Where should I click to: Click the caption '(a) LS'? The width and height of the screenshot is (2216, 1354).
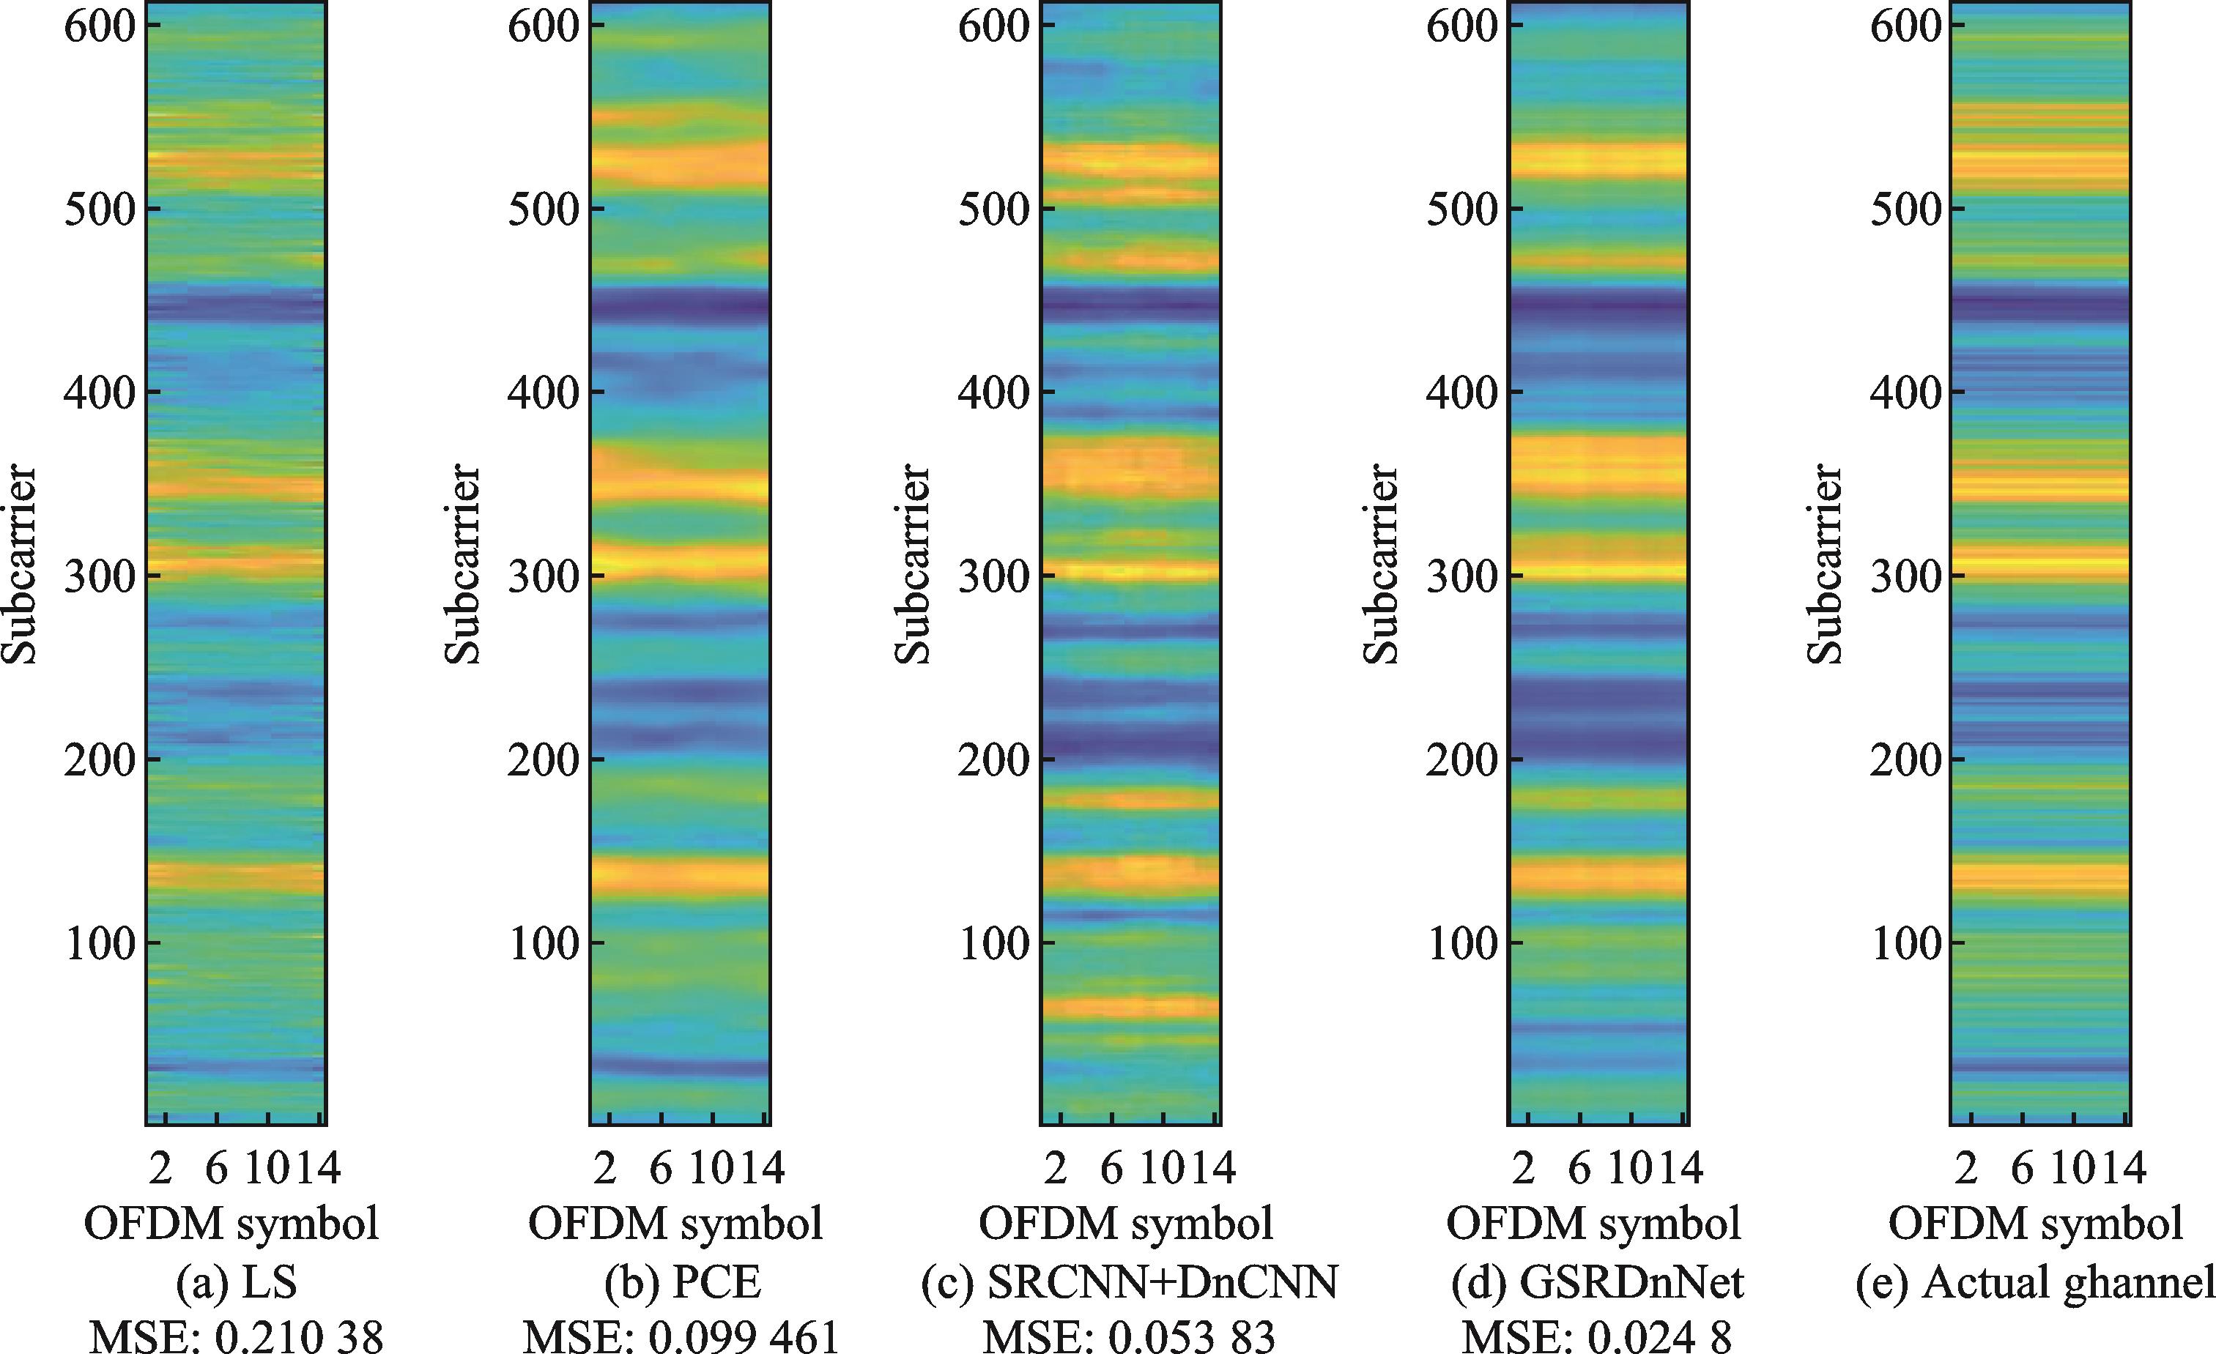point(231,1283)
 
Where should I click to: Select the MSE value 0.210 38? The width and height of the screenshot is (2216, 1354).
point(237,1337)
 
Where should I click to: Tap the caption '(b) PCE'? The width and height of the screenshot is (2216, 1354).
point(683,1283)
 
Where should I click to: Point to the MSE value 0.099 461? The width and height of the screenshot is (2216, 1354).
point(682,1337)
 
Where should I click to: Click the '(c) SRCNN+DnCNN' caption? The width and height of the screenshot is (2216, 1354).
point(1129,1283)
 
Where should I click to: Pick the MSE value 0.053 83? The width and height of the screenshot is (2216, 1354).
point(1129,1337)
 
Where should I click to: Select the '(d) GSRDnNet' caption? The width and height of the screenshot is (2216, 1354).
point(1597,1283)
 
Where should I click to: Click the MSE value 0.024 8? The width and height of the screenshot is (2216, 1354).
point(1597,1337)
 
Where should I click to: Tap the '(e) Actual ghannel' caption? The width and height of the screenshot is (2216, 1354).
point(2034,1283)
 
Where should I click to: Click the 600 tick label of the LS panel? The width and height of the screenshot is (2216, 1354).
point(99,25)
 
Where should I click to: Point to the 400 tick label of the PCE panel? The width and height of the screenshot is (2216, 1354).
point(541,393)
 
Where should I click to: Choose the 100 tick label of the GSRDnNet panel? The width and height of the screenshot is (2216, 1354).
point(1461,943)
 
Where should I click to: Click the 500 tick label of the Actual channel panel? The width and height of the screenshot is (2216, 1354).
point(1905,209)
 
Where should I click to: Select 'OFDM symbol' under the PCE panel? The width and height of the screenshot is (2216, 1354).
point(675,1224)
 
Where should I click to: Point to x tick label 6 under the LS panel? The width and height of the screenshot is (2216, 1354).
point(217,1169)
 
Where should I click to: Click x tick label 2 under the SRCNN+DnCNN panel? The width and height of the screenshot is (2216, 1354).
point(1056,1169)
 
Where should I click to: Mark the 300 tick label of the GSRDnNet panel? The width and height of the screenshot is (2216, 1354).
point(1461,576)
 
